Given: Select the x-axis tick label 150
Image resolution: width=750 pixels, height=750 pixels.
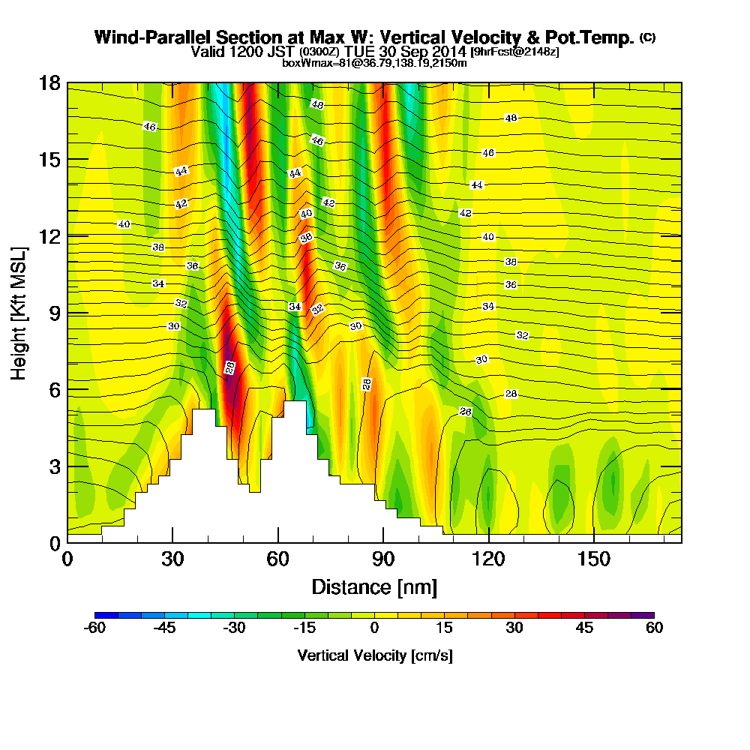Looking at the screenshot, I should pos(593,559).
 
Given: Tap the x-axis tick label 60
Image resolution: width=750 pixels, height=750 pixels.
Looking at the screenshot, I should pos(278,559).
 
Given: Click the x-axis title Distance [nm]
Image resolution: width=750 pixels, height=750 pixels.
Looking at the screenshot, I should pos(374,586).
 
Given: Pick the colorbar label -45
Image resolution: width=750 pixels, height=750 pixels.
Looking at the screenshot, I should pos(164,628).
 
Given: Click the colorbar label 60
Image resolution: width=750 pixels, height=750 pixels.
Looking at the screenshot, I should pos(654,628).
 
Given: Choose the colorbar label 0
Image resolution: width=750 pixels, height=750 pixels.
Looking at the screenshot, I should pos(374,628).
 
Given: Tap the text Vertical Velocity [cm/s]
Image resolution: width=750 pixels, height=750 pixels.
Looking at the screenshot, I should pos(374,655).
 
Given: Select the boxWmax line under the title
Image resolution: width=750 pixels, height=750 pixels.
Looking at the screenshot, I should pos(374,63).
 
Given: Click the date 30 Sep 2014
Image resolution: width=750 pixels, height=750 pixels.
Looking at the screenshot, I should pos(425,52).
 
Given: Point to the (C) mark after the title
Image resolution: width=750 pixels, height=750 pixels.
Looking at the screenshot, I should pos(647,37).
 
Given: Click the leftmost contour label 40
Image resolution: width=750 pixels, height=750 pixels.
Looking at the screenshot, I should pos(124,224).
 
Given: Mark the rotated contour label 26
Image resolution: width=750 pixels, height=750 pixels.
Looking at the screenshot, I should pos(230,367).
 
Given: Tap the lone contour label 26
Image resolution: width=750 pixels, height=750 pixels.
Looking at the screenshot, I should pos(466,412).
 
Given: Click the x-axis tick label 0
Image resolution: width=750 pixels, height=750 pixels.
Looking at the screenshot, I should pos(67,559).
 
